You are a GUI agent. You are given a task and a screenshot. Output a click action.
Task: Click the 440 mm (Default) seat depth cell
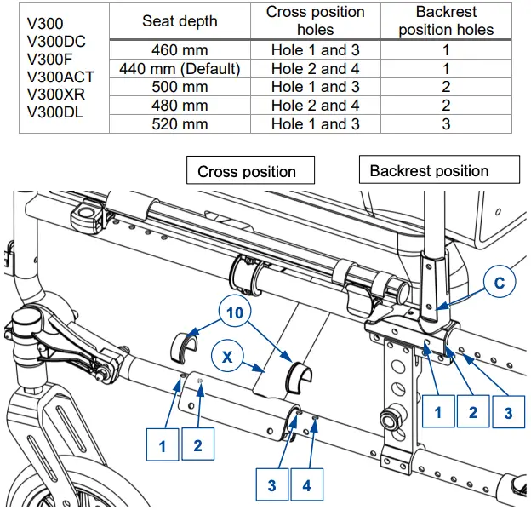click(180, 68)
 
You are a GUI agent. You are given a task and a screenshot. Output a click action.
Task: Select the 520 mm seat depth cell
click(180, 124)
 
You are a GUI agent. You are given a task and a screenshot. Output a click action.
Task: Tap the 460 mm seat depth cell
click(180, 50)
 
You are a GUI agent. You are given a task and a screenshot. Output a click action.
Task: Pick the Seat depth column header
click(180, 21)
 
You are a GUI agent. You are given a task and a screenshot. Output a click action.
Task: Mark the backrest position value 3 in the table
click(446, 124)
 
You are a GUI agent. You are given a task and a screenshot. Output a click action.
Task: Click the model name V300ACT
click(60, 77)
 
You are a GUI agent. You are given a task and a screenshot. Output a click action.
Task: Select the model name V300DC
click(57, 42)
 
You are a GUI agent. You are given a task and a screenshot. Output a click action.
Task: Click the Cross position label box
click(247, 171)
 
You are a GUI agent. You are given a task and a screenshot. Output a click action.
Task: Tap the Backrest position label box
click(429, 170)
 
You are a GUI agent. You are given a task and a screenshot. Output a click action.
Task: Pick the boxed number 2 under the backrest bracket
click(472, 413)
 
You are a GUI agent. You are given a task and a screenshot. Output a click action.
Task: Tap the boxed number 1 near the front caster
click(163, 444)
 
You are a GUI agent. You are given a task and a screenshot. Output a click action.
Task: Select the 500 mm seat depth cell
click(180, 87)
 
